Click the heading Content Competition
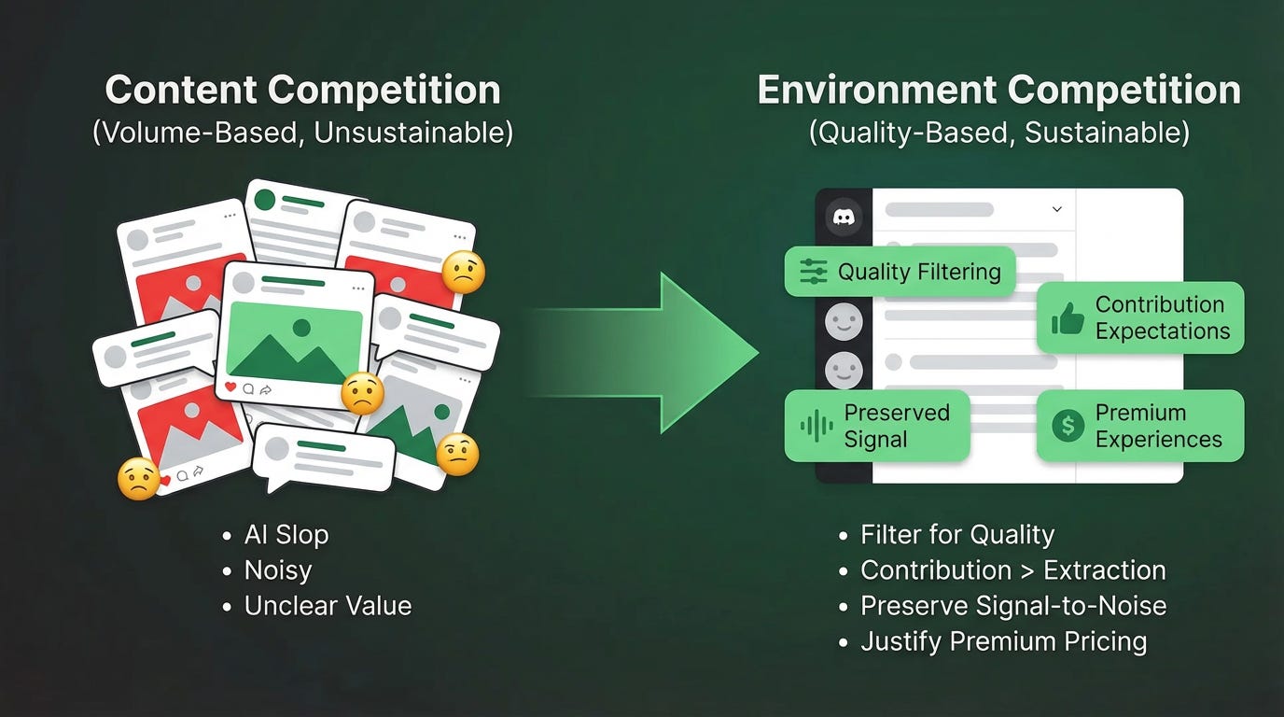(302, 91)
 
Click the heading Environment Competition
(998, 91)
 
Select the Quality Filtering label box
(900, 272)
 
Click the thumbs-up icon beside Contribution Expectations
(1068, 319)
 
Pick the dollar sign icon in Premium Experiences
(1068, 427)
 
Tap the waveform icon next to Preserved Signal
(816, 427)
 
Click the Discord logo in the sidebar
(844, 217)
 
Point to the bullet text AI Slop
(286, 535)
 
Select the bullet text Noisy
(278, 570)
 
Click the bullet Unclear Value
(328, 606)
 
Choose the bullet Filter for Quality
(957, 535)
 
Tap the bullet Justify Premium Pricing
(1003, 641)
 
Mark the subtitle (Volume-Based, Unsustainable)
(302, 133)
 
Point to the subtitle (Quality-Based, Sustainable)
(998, 133)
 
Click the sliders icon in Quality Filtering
(814, 272)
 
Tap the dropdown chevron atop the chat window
(1057, 209)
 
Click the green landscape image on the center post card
(295, 339)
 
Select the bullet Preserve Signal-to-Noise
(1013, 606)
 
